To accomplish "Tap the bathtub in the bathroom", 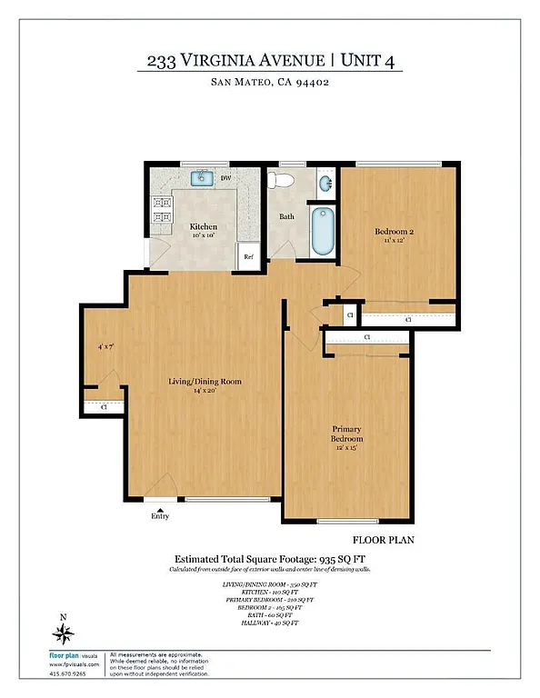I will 323,233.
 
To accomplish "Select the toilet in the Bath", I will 285,180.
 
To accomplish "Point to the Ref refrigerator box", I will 247,257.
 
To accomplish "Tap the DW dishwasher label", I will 225,178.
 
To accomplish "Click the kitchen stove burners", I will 162,211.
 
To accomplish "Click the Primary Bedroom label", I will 347,434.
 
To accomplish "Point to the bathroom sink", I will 325,185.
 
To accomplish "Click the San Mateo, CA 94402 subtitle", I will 270,85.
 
